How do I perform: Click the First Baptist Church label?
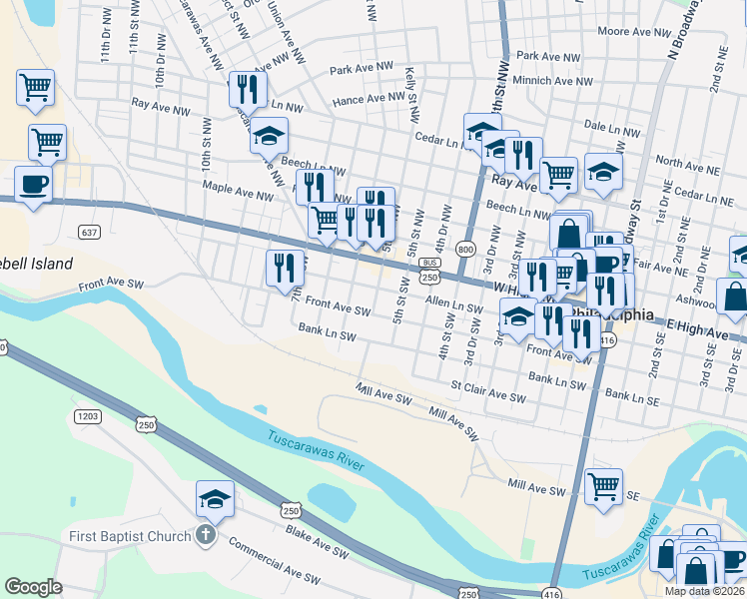129,536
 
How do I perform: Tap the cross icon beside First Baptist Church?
206,536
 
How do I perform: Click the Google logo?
33,587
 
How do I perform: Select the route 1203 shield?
88,414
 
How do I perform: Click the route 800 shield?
464,248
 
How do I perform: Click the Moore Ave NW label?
627,32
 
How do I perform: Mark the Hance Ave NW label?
369,99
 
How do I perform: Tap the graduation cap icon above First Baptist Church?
215,498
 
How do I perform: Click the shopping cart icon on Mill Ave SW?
603,486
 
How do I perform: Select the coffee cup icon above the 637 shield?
34,185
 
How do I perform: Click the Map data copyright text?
691,591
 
